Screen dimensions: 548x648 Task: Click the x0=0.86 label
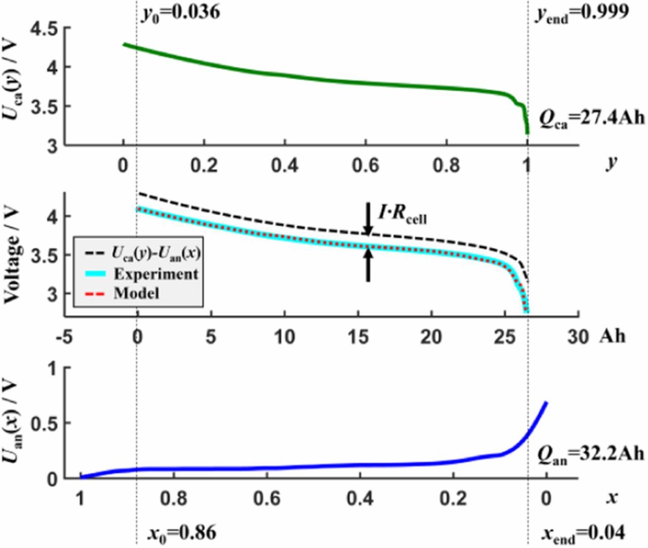[x=182, y=533]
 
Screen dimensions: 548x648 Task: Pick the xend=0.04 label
[x=583, y=533]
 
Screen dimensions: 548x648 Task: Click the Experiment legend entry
[x=155, y=274]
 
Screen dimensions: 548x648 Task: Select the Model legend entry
[x=136, y=293]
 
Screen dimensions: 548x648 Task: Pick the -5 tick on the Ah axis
[x=64, y=336]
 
